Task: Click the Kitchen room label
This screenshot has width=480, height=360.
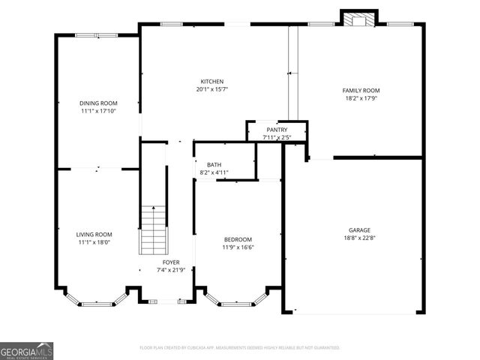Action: click(x=211, y=82)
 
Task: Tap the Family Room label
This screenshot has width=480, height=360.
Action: click(x=361, y=90)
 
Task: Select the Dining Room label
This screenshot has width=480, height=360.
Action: click(x=98, y=103)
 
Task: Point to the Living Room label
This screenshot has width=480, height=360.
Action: click(x=94, y=235)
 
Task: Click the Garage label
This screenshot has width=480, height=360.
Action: click(x=359, y=230)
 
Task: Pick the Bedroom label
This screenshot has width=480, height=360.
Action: click(x=236, y=239)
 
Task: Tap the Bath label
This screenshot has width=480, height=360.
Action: click(x=214, y=165)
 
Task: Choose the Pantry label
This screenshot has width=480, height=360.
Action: click(x=277, y=130)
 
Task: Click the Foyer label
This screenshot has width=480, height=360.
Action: click(x=171, y=262)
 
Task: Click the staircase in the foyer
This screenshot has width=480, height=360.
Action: click(x=152, y=230)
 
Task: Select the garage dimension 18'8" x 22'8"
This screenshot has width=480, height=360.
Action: click(x=359, y=238)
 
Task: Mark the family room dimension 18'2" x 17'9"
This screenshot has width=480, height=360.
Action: click(x=361, y=98)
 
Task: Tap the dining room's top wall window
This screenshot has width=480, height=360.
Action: click(x=94, y=34)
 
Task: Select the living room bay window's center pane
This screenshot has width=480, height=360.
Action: click(x=94, y=304)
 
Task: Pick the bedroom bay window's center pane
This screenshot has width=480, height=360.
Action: click(x=234, y=304)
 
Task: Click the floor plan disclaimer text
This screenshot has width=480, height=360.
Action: click(x=240, y=348)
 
